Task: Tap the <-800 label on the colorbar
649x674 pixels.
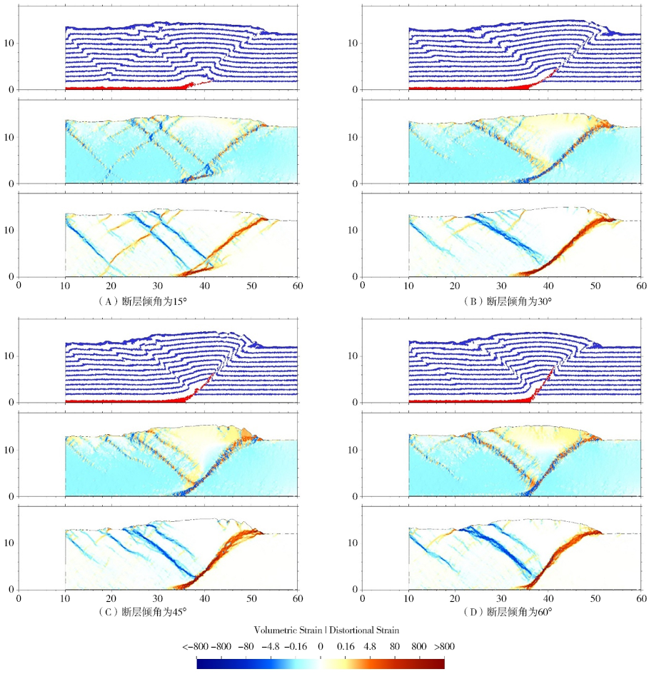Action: (x=195, y=647)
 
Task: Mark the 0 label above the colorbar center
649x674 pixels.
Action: (x=321, y=647)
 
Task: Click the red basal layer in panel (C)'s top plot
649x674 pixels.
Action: (x=121, y=401)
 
